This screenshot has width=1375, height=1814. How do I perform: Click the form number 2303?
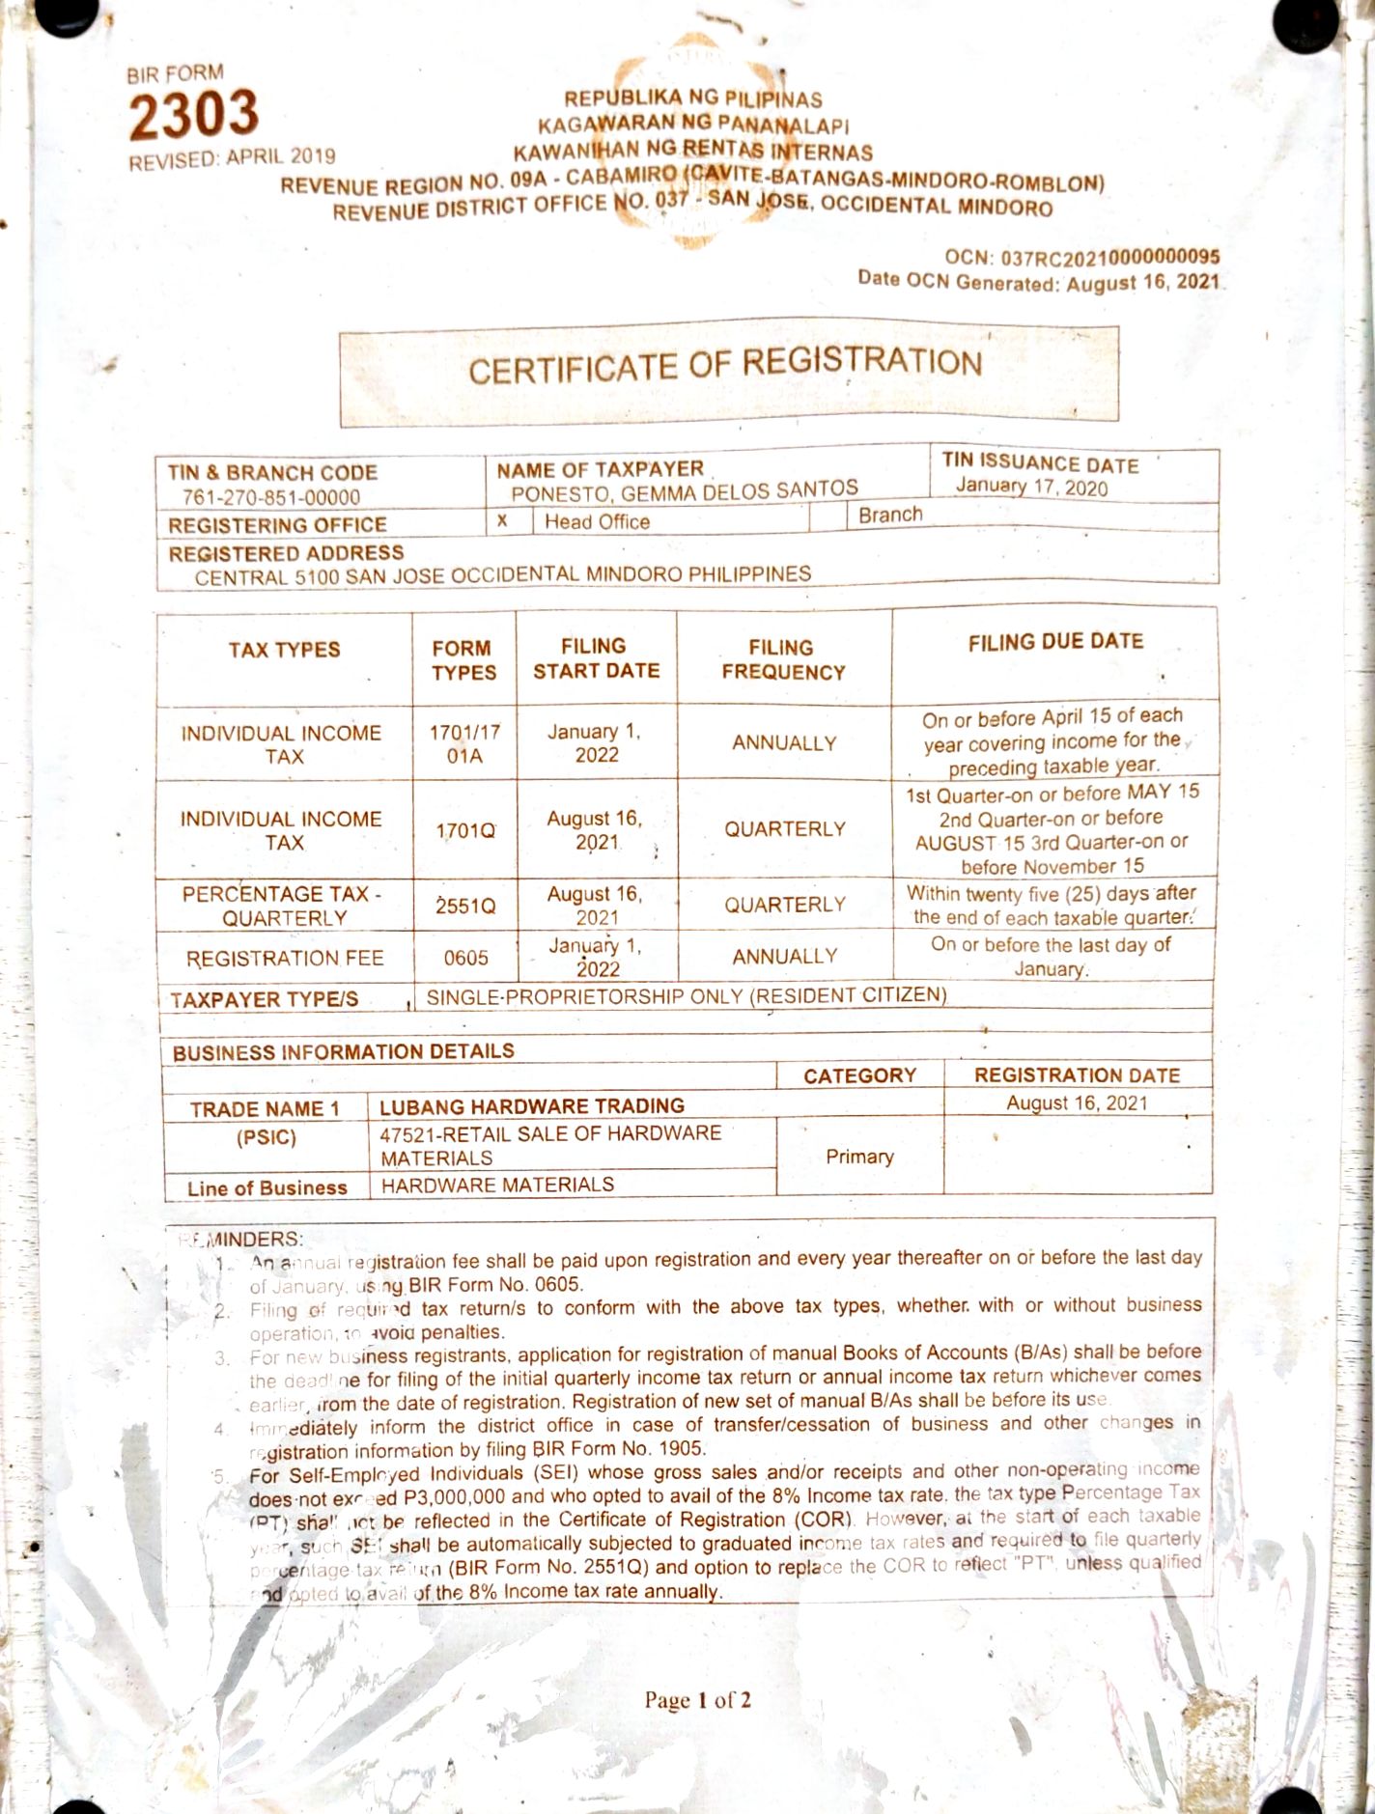(194, 115)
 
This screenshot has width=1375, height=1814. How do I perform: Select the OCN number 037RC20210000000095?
(1110, 258)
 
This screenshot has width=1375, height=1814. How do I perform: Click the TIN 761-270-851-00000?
(271, 497)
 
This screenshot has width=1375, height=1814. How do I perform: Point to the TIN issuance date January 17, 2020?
(1031, 487)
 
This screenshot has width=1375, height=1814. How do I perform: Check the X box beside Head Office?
(502, 520)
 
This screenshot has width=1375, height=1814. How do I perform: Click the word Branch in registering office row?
(890, 515)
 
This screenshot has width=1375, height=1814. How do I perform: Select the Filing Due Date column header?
(1055, 642)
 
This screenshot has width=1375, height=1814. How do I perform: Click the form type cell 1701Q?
(465, 830)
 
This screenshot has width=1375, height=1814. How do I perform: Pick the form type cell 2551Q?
(465, 906)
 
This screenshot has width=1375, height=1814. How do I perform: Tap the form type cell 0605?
(465, 958)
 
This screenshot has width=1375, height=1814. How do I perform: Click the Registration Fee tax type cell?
(285, 959)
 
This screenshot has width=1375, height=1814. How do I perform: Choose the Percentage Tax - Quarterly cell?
(283, 906)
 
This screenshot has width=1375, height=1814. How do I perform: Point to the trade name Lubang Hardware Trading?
(532, 1106)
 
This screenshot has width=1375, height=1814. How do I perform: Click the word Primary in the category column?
(859, 1157)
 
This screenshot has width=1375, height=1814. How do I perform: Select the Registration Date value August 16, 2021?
(1077, 1103)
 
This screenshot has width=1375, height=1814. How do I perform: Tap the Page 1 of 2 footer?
(697, 1700)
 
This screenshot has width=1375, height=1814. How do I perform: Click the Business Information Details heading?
(343, 1051)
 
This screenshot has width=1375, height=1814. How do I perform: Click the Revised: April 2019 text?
(233, 158)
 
